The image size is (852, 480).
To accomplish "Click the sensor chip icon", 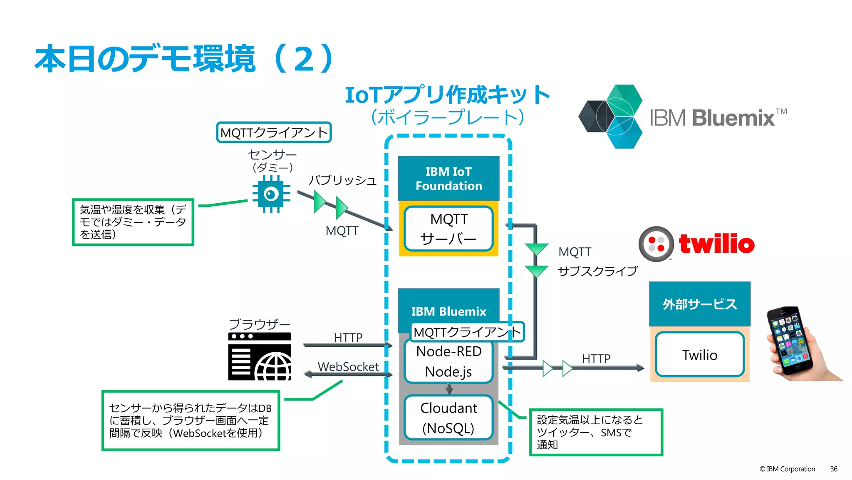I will pos(271,194).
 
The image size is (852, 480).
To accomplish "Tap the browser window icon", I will pos(260,356).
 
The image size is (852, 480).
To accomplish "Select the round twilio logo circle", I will pos(656,244).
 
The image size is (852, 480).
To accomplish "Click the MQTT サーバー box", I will pos(448,229).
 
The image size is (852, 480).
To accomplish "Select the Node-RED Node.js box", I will pos(448,361).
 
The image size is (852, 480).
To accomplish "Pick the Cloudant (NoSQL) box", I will pos(448,418).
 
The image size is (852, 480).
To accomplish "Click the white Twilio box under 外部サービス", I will pos(699,355).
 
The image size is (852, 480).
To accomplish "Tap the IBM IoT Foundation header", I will pos(448,179).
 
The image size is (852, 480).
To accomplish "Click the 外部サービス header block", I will pos(699,304).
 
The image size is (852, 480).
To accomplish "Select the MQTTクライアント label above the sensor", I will pos(274,132).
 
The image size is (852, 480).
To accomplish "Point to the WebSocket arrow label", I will pos(348,367).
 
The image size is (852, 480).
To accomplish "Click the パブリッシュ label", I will pos(342,180).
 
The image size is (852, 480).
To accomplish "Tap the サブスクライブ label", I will pos(597,271).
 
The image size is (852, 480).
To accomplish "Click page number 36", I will pos(833,469).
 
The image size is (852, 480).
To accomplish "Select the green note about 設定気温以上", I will pos(595,432).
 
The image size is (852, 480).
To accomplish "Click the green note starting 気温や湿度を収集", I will pos(133,222).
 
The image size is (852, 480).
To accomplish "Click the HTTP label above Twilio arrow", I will pos(596,358).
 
